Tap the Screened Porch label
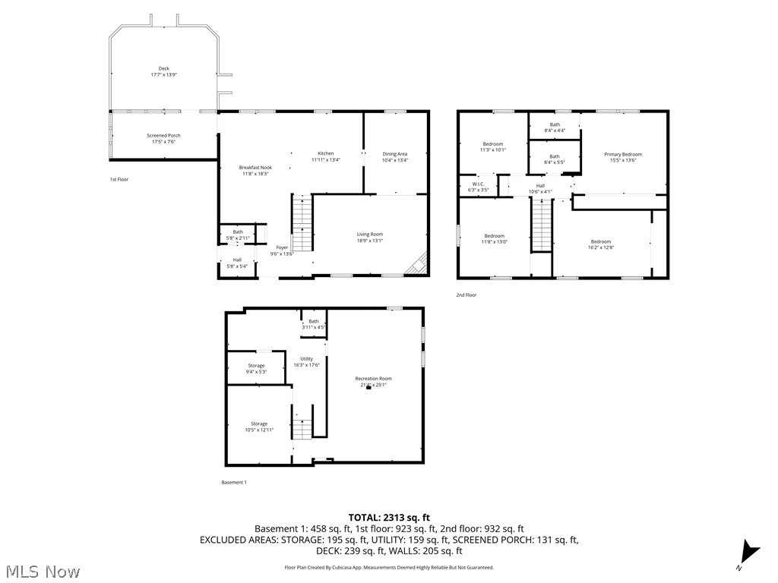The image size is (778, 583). click(163, 136)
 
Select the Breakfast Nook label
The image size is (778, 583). click(255, 167)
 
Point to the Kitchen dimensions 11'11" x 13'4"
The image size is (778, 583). click(326, 160)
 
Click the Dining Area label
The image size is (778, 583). click(394, 154)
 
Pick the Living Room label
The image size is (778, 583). click(370, 234)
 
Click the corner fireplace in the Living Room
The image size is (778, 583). click(417, 263)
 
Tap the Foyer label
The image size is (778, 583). click(282, 247)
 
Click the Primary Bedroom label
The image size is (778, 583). click(623, 154)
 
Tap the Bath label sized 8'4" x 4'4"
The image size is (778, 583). click(555, 124)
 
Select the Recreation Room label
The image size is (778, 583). click(373, 378)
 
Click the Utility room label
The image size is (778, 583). click(306, 358)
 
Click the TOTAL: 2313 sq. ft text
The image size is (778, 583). click(388, 516)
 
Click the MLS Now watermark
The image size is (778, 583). click(43, 570)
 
